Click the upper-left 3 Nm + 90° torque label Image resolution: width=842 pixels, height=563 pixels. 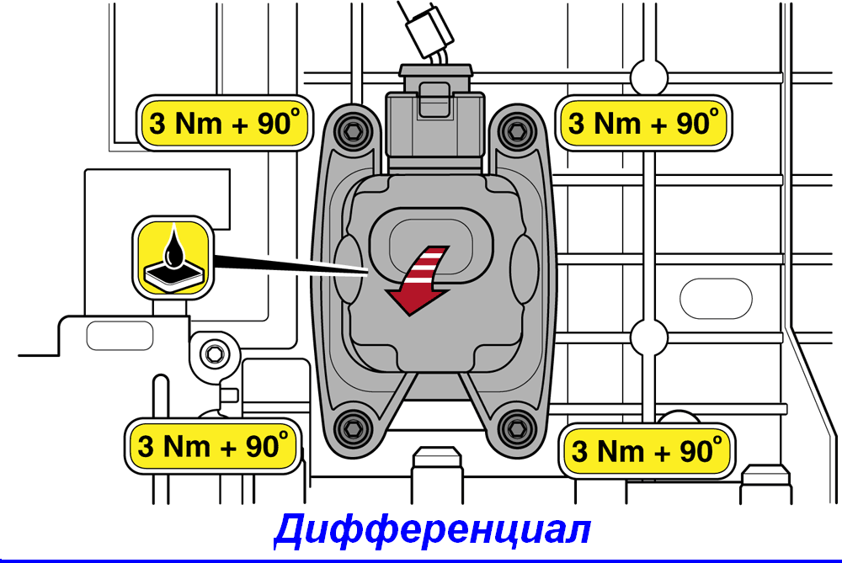click(225, 123)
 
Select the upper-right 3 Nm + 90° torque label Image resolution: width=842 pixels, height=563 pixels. click(643, 123)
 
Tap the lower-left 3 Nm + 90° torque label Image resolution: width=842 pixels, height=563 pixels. click(213, 446)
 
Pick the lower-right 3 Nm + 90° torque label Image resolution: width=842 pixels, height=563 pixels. click(647, 451)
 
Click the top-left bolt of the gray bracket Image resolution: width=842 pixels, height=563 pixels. click(352, 130)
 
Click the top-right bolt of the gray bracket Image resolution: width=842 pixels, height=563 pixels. click(517, 130)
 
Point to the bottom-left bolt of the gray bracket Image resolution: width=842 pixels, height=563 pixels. click(352, 428)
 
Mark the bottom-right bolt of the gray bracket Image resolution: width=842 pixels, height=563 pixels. click(517, 428)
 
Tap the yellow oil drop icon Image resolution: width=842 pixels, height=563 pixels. click(173, 258)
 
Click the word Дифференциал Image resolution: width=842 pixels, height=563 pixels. click(433, 530)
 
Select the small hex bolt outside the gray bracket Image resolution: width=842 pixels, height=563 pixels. click(215, 353)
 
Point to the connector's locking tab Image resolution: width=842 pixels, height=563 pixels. click(434, 99)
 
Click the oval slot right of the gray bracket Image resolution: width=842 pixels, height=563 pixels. click(716, 299)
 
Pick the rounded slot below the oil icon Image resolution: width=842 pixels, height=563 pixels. click(120, 336)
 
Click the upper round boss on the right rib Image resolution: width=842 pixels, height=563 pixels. click(649, 77)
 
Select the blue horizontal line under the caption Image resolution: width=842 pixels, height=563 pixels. click(421, 560)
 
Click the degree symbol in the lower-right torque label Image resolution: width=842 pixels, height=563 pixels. click(717, 439)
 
